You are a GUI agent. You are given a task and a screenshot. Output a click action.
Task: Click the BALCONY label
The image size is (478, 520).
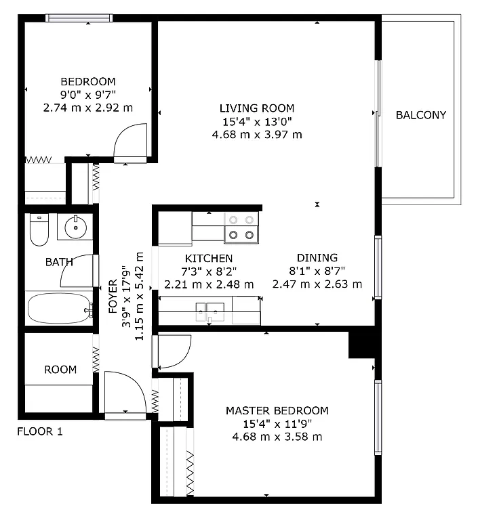click(x=420, y=115)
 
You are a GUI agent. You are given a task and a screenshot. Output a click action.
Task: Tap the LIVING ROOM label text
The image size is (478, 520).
click(x=257, y=108)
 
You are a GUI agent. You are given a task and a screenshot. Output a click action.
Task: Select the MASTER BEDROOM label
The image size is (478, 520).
click(x=277, y=410)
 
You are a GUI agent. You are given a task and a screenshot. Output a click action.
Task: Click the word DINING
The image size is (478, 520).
click(x=317, y=258)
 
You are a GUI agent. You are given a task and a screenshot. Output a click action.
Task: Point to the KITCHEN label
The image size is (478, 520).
click(x=209, y=258)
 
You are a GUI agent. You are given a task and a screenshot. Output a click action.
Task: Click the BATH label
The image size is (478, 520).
click(x=59, y=261)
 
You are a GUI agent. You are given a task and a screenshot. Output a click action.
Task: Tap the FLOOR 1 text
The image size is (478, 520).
click(x=39, y=431)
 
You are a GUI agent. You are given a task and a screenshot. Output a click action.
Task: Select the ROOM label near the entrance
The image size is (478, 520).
click(x=60, y=370)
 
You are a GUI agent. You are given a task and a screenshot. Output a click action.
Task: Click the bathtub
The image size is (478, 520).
click(x=58, y=308)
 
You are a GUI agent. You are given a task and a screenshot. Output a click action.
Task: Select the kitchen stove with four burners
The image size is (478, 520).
click(x=242, y=227)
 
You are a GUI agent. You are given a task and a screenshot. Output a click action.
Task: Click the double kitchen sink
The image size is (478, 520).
click(x=210, y=313)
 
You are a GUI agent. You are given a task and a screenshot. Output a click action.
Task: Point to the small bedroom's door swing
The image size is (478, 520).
click(x=130, y=142)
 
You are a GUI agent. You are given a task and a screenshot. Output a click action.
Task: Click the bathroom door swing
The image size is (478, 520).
click(x=75, y=271)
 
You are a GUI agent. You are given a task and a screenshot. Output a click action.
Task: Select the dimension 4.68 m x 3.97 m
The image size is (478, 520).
click(x=257, y=134)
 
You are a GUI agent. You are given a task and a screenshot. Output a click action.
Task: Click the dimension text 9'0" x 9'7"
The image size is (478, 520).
click(x=87, y=94)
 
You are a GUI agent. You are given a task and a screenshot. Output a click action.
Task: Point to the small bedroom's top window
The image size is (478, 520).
click(x=79, y=18)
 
